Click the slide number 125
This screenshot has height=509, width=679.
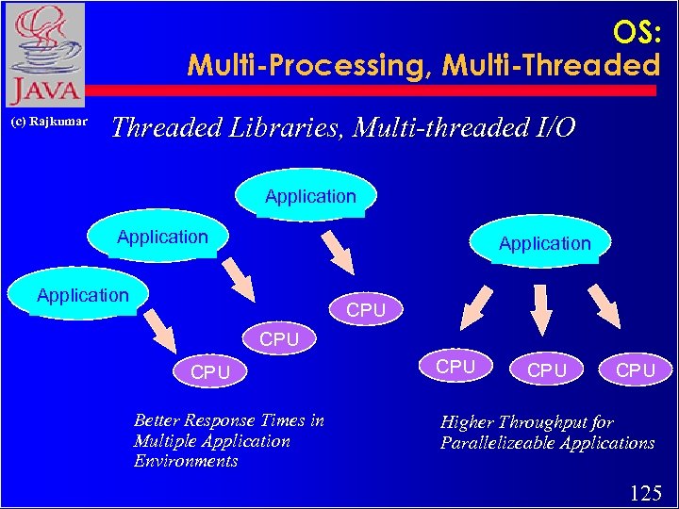646,491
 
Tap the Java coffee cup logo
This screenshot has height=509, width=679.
43,55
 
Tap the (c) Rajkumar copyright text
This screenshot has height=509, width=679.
49,122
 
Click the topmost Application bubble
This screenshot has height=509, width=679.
310,196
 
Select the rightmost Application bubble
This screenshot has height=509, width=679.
544,243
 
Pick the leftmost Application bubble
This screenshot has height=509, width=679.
82,295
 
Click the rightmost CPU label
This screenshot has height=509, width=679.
636,370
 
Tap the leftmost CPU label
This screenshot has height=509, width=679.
210,372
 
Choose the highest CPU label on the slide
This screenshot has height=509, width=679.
366,309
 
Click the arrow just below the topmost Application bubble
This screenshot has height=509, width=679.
335,250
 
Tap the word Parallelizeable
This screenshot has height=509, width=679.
500,443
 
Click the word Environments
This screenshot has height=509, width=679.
186,462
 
